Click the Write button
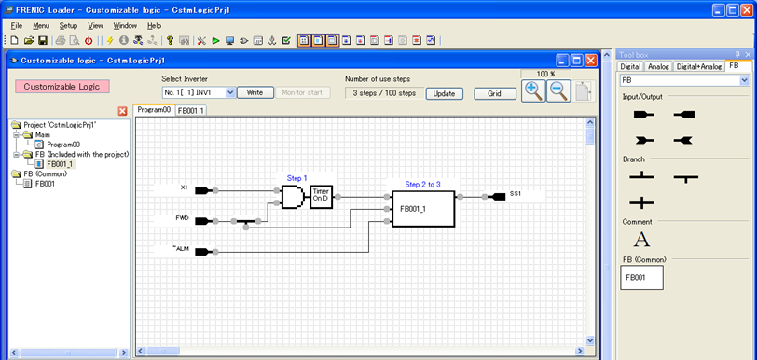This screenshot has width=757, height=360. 255,93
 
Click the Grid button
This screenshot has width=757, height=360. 494,93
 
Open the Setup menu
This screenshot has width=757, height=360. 68,26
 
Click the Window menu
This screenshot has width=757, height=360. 124,26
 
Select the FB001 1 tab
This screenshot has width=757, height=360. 191,110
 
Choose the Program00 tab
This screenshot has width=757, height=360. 154,110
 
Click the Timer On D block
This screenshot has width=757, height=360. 322,196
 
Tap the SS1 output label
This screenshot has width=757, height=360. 516,194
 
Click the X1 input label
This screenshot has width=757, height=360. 184,187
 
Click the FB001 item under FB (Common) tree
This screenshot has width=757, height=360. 46,184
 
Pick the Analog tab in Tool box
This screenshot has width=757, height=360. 658,67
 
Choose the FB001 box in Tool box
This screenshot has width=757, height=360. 641,277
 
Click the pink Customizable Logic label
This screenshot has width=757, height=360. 62,87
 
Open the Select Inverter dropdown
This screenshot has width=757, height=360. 198,93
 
